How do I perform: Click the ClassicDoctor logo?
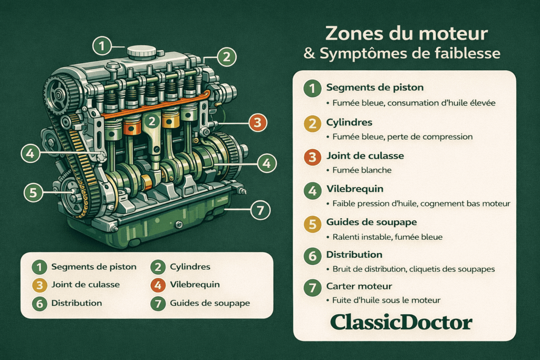401,322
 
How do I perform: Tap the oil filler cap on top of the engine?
142,52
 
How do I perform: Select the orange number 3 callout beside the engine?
257,123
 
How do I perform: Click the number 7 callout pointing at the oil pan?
259,211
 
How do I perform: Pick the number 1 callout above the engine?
102,46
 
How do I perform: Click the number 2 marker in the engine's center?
152,122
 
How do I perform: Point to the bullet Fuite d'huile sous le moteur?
387,300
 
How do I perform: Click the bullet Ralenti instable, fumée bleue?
387,237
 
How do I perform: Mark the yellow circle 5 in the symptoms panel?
313,224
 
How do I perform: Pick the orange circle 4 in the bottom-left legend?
158,285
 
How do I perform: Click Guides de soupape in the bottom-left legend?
210,303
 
